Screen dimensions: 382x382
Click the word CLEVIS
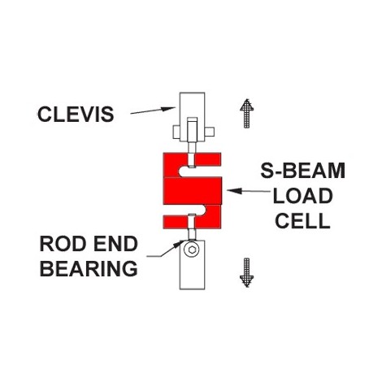(76, 115)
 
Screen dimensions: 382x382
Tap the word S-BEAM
(302, 171)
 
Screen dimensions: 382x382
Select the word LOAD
(302, 196)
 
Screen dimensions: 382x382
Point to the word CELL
(302, 220)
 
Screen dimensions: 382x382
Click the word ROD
(63, 244)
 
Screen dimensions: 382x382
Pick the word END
(115, 244)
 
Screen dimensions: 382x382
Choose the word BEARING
(89, 268)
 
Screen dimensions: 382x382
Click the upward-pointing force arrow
(246, 113)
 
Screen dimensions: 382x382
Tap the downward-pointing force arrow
(246, 272)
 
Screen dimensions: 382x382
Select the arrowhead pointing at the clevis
(168, 109)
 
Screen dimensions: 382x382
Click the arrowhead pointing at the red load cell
(234, 191)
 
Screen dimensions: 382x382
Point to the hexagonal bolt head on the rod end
(192, 250)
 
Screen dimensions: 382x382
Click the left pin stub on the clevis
(176, 132)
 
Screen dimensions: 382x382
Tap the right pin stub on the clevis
(210, 132)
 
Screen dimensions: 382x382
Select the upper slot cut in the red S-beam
(186, 171)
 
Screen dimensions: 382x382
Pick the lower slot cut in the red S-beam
(198, 210)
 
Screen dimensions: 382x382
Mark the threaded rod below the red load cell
(192, 227)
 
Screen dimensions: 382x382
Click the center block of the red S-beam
(193, 191)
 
